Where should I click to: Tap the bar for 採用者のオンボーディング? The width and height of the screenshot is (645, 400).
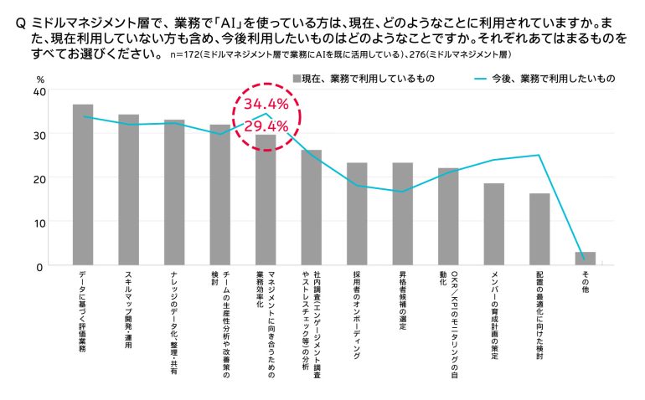(x=357, y=214)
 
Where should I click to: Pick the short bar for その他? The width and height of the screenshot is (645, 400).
(x=586, y=259)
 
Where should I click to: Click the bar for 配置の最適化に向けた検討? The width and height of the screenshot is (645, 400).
(x=539, y=229)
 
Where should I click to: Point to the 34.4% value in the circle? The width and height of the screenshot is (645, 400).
(x=266, y=105)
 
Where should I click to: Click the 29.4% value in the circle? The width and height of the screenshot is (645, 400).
(x=266, y=126)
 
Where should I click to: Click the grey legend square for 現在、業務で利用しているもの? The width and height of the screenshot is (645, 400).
(x=296, y=78)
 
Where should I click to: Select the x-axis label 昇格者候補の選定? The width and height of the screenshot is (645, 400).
(x=403, y=302)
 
